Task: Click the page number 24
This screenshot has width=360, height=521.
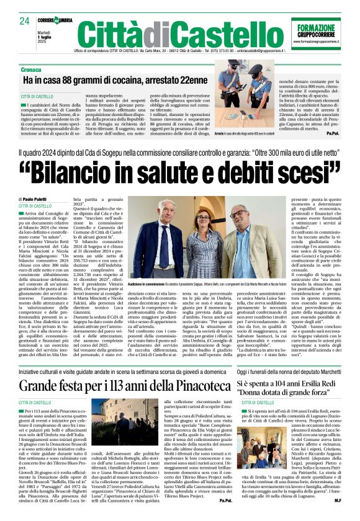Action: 25,21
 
